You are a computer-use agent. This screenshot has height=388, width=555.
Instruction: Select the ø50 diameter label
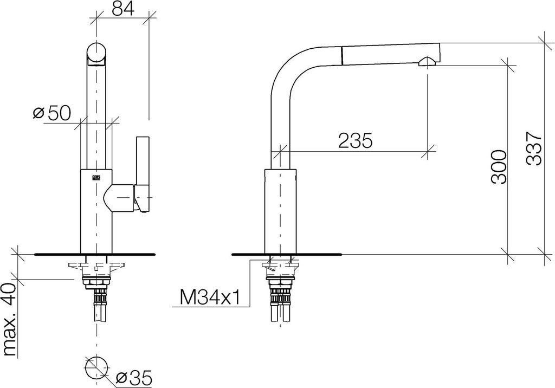click(x=52, y=113)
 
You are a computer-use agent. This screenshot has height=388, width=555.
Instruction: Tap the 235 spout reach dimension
click(x=356, y=140)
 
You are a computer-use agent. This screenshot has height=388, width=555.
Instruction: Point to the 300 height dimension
click(x=499, y=166)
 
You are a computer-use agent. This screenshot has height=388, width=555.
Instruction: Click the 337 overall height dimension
click(x=534, y=148)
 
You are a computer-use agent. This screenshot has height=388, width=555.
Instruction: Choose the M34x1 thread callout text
click(x=210, y=297)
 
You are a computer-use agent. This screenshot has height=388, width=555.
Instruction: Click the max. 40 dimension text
click(x=10, y=320)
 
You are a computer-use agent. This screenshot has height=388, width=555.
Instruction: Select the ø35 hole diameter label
click(x=134, y=378)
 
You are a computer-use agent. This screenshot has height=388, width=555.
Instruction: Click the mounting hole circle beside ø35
click(x=96, y=365)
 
